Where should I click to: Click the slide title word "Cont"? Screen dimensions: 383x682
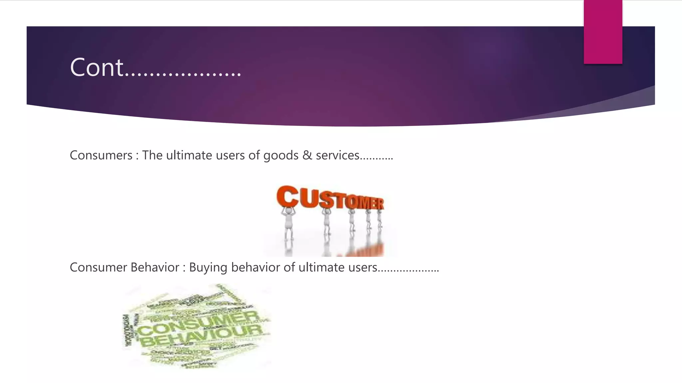97,67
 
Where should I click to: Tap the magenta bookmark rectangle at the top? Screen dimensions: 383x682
603,32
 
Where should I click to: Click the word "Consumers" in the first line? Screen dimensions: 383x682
101,155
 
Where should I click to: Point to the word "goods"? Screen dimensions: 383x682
281,156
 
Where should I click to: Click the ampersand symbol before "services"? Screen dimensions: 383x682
307,155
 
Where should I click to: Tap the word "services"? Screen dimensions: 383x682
337,155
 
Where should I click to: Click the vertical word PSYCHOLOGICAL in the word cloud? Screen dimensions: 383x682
127,331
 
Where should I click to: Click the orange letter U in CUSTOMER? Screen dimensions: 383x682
309,198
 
